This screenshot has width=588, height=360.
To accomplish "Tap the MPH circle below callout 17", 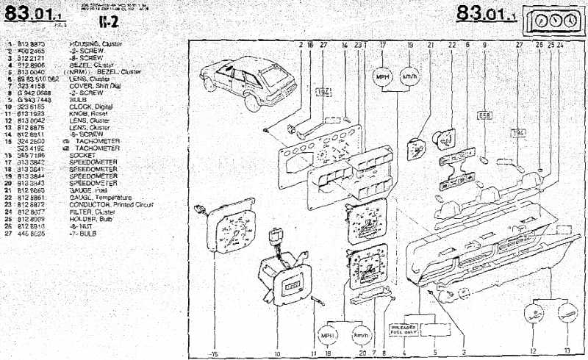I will [382, 77].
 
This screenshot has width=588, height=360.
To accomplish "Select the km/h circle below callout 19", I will [409, 77].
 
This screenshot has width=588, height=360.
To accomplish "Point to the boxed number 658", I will [484, 115].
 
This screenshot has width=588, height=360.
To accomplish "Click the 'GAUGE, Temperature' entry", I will [100, 198].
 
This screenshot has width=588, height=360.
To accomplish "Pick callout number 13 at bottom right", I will [566, 351].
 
